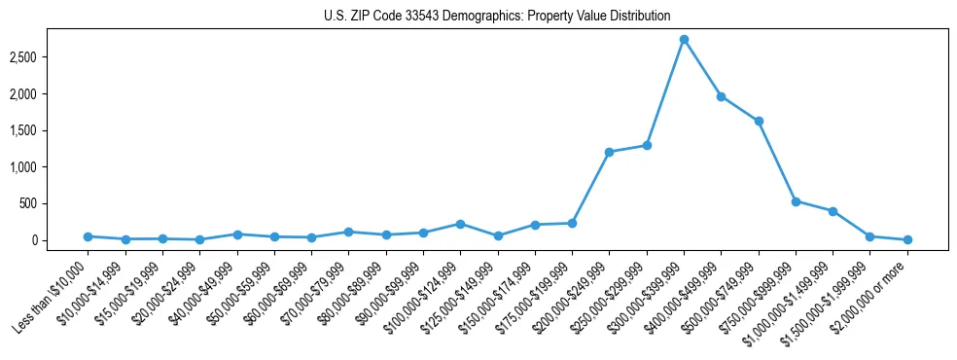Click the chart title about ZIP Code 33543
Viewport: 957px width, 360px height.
point(497,16)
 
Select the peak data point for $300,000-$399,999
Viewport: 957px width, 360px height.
point(684,40)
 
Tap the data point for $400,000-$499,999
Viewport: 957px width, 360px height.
point(721,96)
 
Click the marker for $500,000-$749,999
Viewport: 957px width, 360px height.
point(759,122)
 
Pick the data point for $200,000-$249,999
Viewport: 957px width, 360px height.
point(609,152)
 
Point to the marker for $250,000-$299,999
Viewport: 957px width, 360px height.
point(647,145)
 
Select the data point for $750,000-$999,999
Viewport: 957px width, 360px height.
point(796,201)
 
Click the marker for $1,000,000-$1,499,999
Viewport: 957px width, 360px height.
point(833,211)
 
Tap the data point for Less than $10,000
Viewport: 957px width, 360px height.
point(88,236)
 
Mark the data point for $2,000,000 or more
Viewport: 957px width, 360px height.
point(907,239)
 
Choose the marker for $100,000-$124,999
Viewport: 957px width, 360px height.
point(460,224)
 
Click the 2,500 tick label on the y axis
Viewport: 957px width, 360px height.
point(49,57)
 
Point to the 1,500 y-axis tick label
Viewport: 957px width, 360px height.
point(49,130)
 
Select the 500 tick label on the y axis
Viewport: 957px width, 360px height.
point(54,203)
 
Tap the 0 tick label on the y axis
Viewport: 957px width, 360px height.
point(60,240)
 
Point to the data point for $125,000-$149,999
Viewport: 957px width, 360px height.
point(497,235)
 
